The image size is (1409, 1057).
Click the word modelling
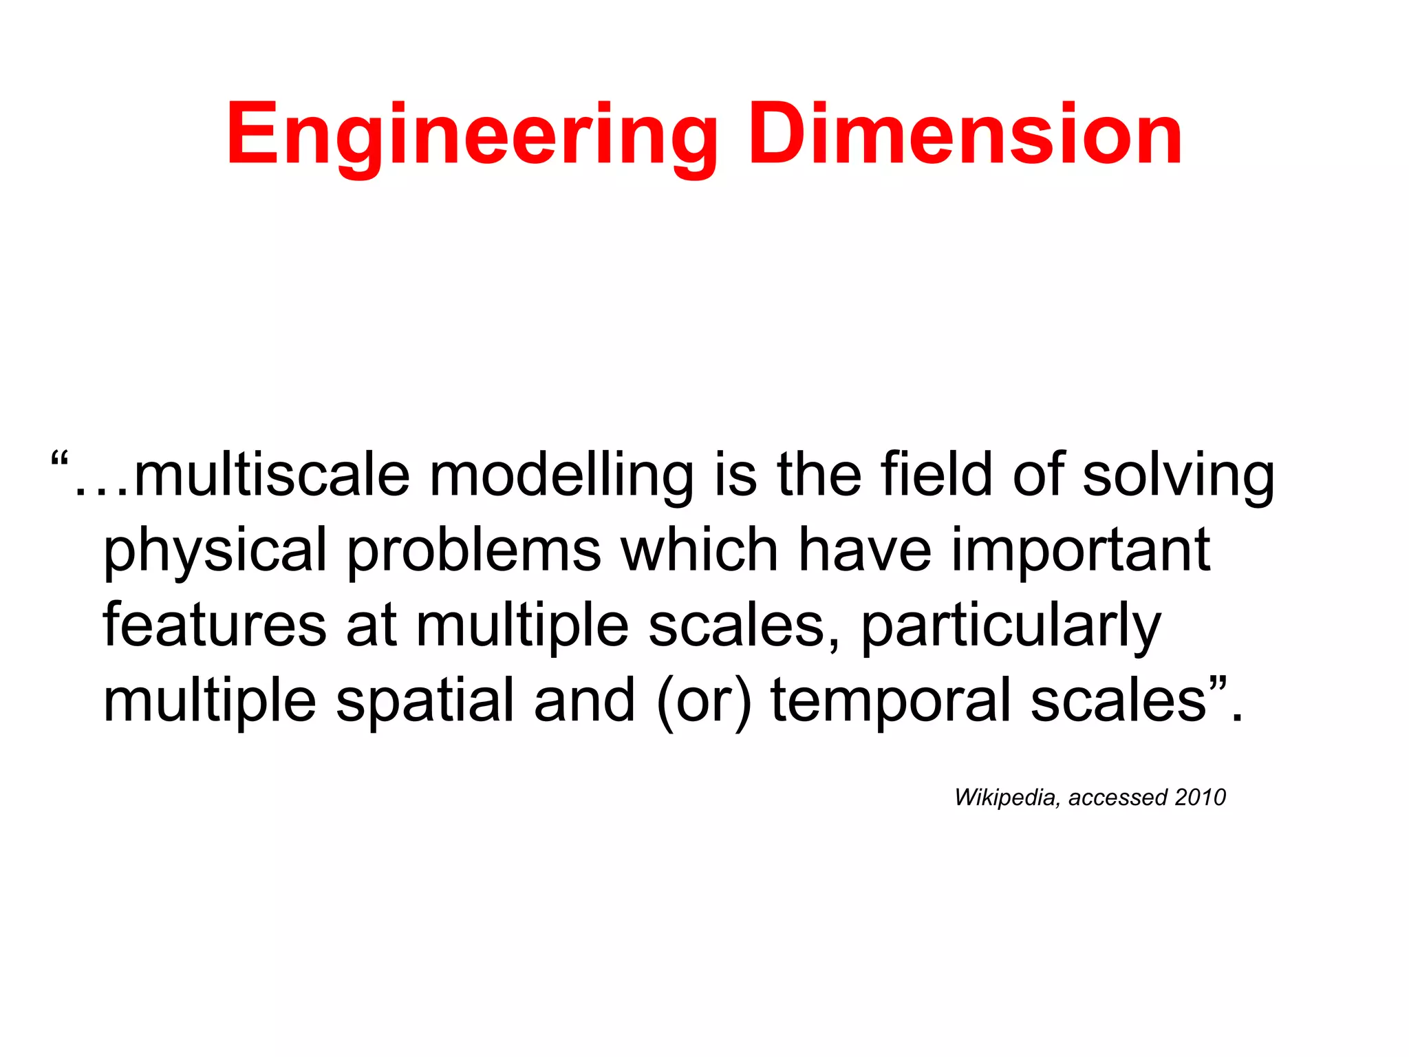pyautogui.click(x=561, y=476)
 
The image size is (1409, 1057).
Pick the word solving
pyautogui.click(x=1179, y=476)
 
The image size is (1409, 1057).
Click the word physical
pyautogui.click(x=215, y=551)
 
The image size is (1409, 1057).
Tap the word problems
pyautogui.click(x=474, y=551)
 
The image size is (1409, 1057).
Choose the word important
pyautogui.click(x=1081, y=551)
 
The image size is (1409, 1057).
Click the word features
pyautogui.click(x=215, y=624)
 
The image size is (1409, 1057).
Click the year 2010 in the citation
pyautogui.click(x=1200, y=797)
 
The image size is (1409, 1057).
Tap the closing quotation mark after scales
pyautogui.click(x=1216, y=684)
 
